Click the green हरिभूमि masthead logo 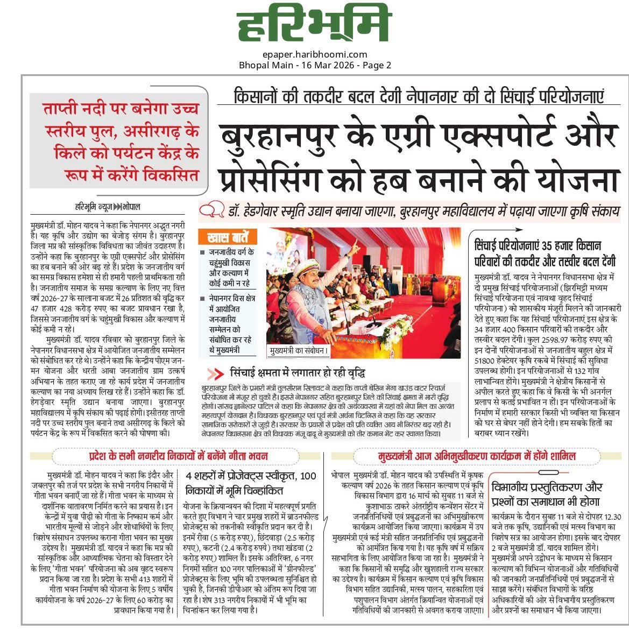point(314,24)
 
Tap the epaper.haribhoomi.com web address point(315,54)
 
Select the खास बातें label point(227,237)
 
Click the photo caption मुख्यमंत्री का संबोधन point(299,351)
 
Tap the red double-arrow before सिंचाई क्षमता point(215,373)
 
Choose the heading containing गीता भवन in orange point(179,456)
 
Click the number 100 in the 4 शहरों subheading point(308,476)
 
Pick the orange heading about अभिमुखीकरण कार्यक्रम point(477,456)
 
